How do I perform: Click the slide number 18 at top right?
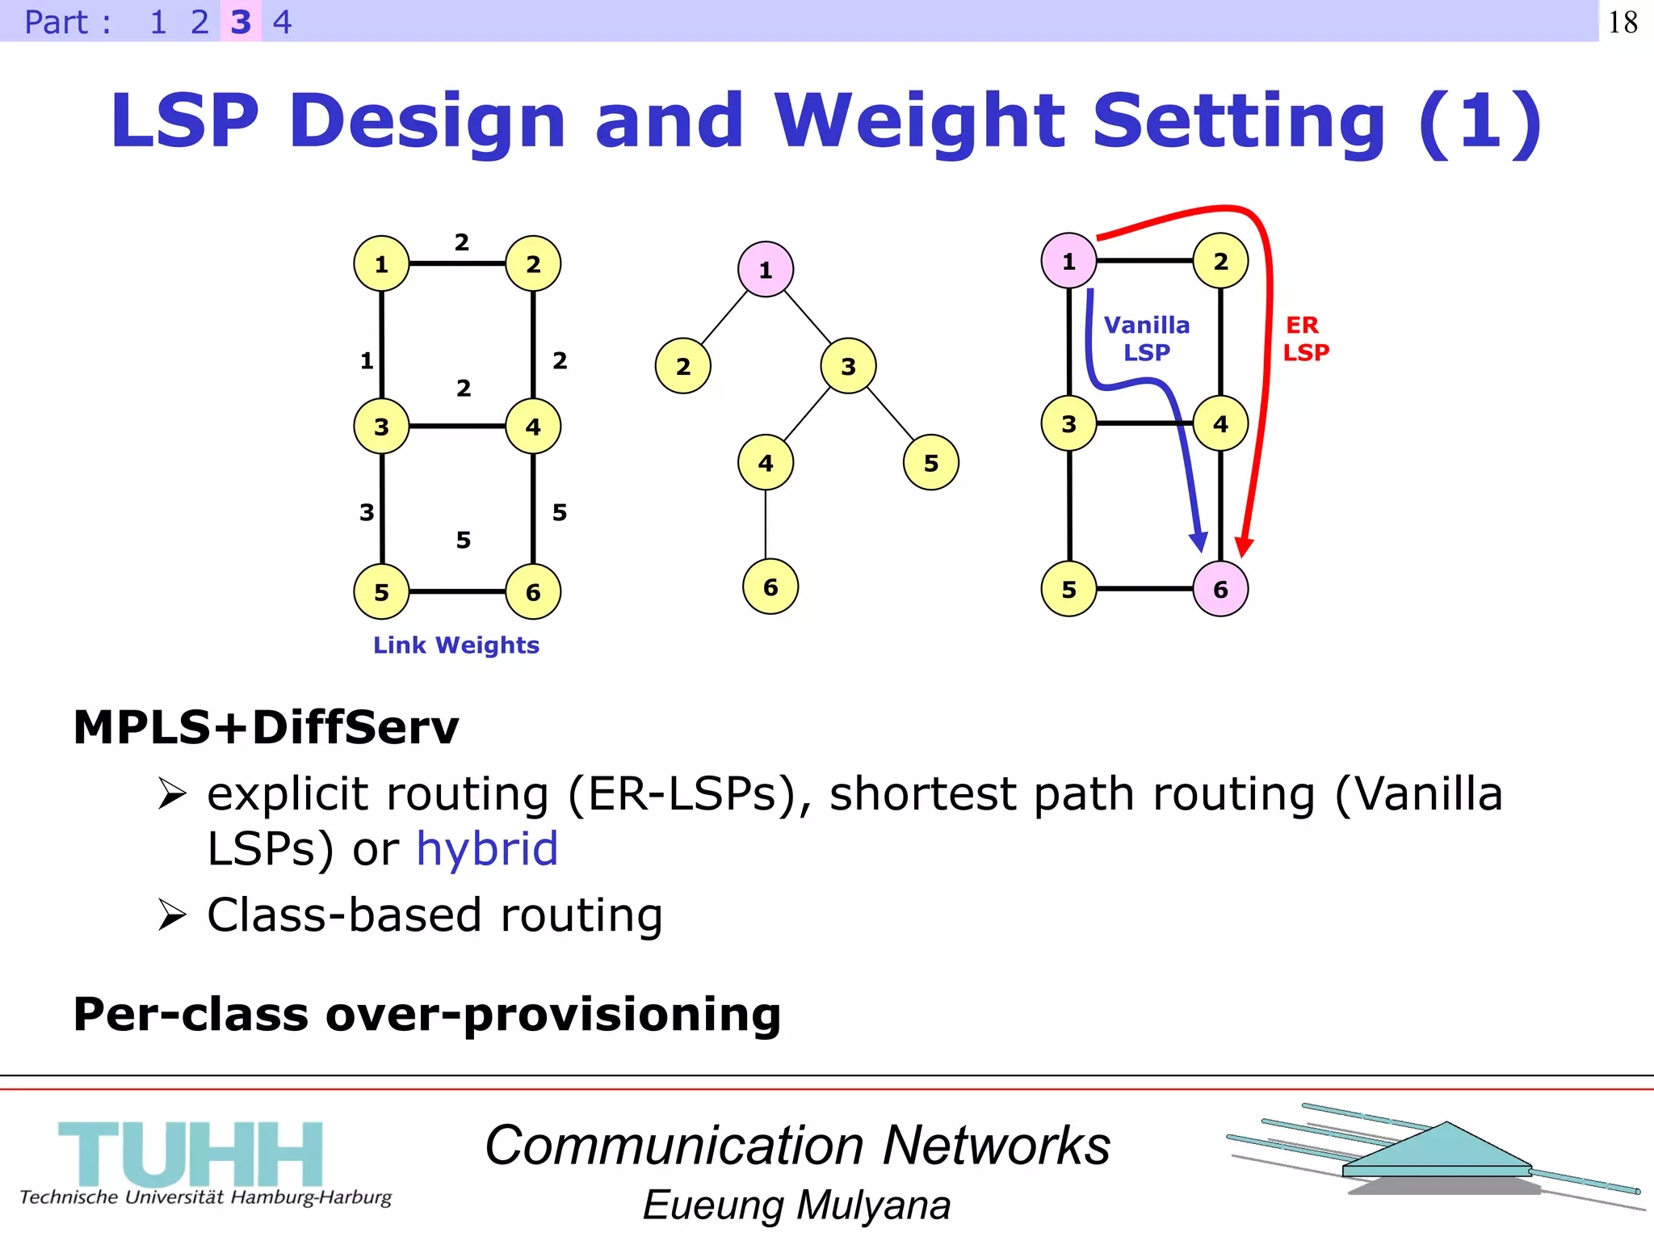point(1623,22)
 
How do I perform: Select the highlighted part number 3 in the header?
point(241,22)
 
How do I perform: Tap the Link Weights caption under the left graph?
point(455,645)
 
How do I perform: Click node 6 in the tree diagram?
point(770,587)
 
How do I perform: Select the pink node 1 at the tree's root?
point(765,269)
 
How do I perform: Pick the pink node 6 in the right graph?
point(1220,589)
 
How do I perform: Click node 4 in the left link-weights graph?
point(533,426)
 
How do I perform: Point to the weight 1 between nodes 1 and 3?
point(367,360)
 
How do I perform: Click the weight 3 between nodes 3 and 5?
point(367,511)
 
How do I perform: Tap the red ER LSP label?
point(1305,339)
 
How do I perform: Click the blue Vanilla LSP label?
point(1146,339)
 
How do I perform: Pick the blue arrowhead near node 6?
point(1199,541)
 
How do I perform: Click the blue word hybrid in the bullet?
point(486,848)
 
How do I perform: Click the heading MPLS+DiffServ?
point(266,726)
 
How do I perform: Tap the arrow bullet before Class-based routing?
point(172,915)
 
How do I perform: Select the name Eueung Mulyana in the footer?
point(796,1205)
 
